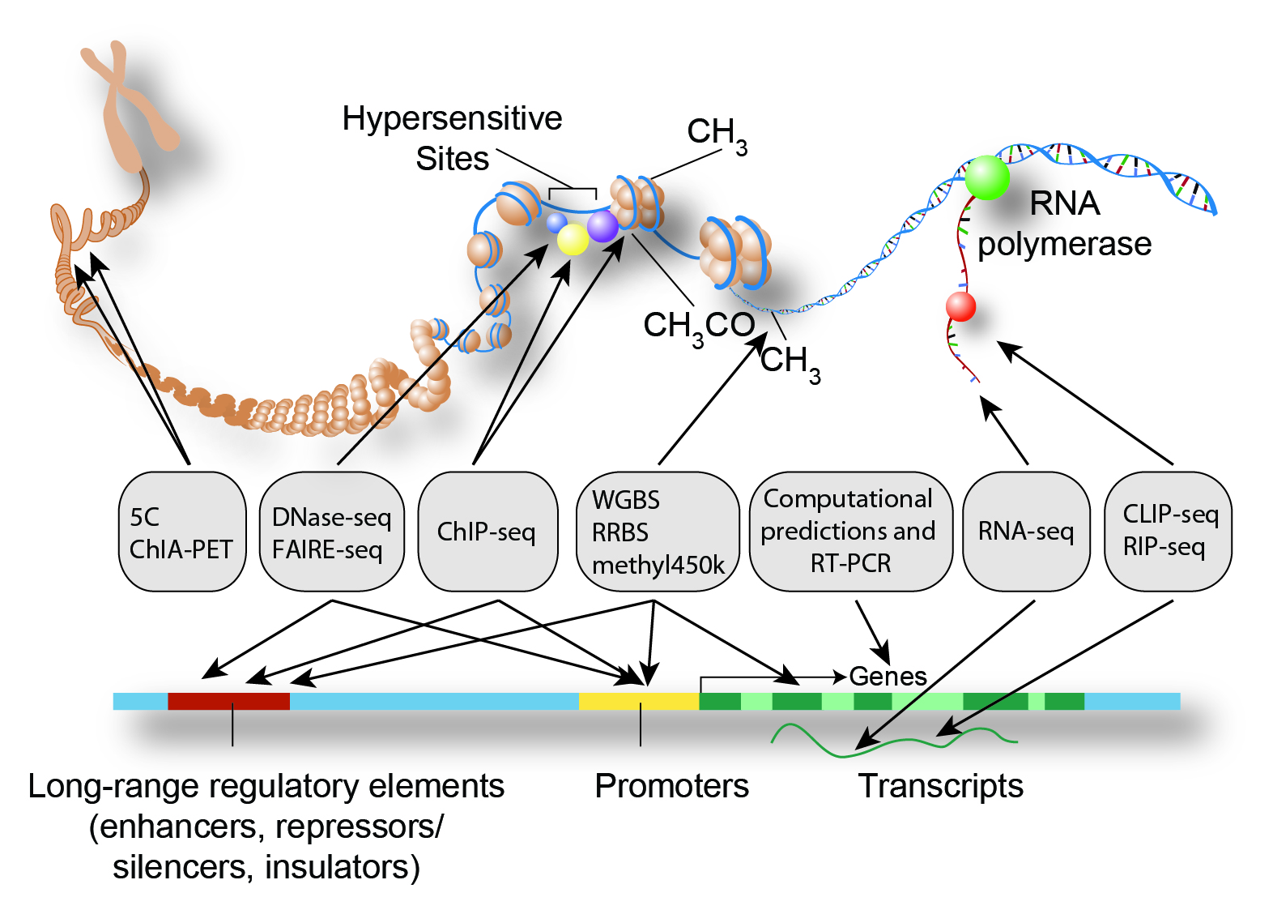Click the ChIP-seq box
(487, 532)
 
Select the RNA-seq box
(1026, 532)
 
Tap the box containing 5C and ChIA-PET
(182, 532)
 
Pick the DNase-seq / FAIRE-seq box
(332, 532)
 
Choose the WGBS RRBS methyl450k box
(658, 532)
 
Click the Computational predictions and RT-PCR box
(850, 532)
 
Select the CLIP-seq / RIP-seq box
(1168, 532)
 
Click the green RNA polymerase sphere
(987, 177)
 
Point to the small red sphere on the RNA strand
(961, 306)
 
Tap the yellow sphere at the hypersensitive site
(573, 239)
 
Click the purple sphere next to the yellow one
(602, 226)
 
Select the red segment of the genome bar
(228, 701)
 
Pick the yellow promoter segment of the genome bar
(639, 701)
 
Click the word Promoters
(671, 786)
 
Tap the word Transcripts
(940, 786)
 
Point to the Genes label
(888, 676)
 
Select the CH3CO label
(698, 326)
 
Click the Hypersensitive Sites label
(452, 139)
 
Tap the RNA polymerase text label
(1064, 224)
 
